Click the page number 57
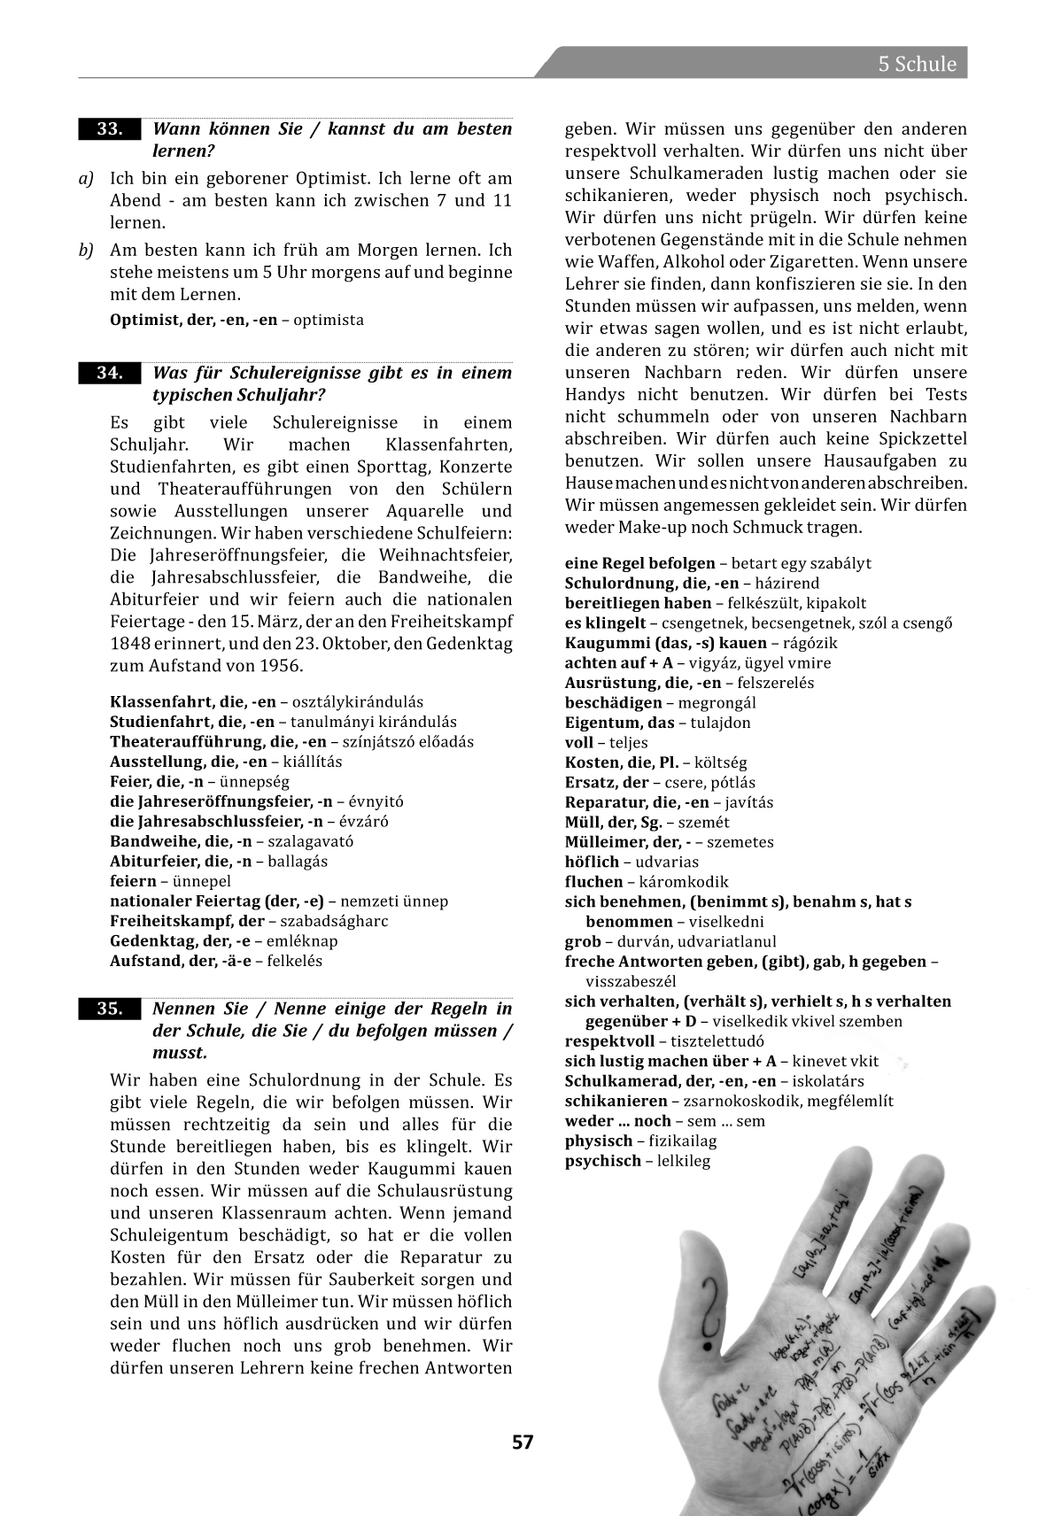pyautogui.click(x=523, y=1443)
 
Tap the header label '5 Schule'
pyautogui.click(x=917, y=64)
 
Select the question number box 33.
pyautogui.click(x=109, y=129)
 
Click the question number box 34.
pyautogui.click(x=109, y=373)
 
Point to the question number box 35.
pyautogui.click(x=109, y=1009)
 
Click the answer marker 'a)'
pyautogui.click(x=86, y=179)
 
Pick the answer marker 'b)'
pyautogui.click(x=86, y=251)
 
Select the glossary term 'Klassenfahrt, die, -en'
pyautogui.click(x=192, y=702)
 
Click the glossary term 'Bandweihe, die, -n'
pyautogui.click(x=181, y=841)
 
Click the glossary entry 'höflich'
pyautogui.click(x=593, y=862)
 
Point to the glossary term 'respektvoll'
pyautogui.click(x=609, y=1041)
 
